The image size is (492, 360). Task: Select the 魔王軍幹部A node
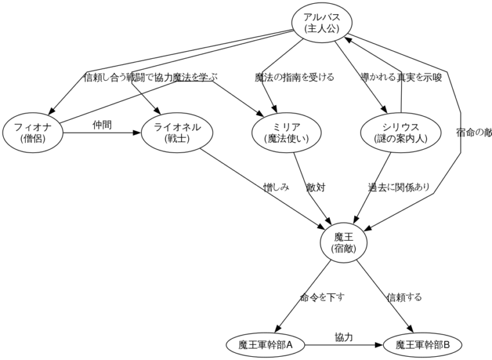pyautogui.click(x=265, y=345)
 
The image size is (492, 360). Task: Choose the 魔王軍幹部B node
pyautogui.click(x=423, y=345)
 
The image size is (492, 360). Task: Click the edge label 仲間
pyautogui.click(x=102, y=125)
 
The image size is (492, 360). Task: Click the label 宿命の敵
pyautogui.click(x=474, y=133)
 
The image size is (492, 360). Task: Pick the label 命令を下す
pyautogui.click(x=322, y=297)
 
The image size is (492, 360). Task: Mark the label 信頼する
pyautogui.click(x=404, y=297)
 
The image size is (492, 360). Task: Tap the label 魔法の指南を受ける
pyautogui.click(x=294, y=78)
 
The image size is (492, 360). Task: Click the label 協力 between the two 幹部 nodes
pyautogui.click(x=344, y=336)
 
